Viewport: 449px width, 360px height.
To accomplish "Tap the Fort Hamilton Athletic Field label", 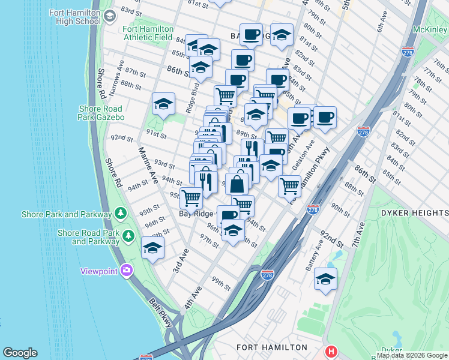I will coord(148,33).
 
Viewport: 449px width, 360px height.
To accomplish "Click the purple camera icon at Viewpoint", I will coord(127,271).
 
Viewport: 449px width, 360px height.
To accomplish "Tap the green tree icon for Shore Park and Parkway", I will coord(121,214).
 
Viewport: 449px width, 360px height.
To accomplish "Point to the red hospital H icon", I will coord(330,350).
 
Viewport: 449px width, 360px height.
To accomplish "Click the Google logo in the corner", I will coord(19,353).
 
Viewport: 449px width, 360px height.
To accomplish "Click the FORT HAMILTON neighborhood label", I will coord(271,347).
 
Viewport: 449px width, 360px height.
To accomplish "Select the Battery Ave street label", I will coord(314,256).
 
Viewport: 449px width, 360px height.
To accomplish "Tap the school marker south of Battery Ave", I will coord(325,278).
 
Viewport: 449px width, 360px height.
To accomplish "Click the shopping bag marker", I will coord(238,182).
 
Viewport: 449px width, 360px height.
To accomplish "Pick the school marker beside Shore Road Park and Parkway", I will coord(153,248).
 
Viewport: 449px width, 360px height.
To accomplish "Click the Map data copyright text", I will coord(412,355).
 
